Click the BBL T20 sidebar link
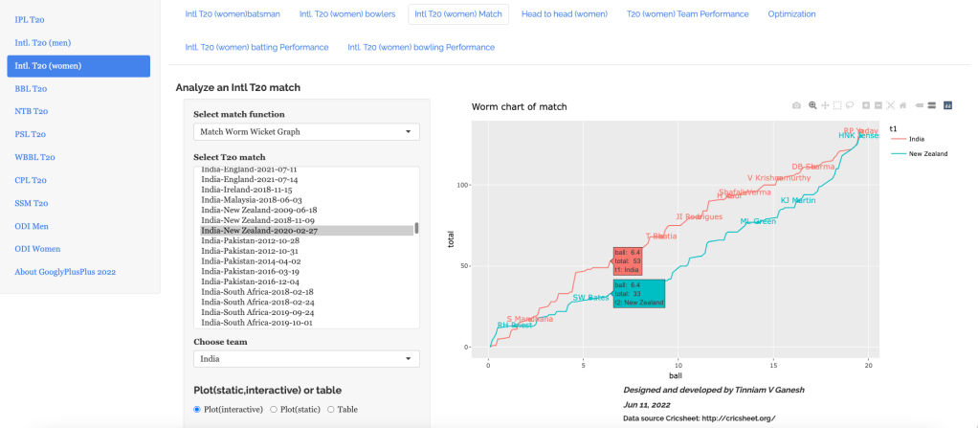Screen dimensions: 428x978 point(31,88)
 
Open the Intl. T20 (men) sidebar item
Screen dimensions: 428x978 point(42,43)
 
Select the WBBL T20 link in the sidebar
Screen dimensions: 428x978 point(34,157)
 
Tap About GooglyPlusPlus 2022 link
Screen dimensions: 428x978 point(65,272)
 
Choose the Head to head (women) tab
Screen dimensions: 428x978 point(564,14)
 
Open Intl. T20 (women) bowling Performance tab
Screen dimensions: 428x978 point(421,47)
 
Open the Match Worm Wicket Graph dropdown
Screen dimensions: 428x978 point(306,132)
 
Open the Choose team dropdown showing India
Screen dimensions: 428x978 point(306,359)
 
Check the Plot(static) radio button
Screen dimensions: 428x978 point(274,409)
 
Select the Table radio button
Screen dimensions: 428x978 point(331,409)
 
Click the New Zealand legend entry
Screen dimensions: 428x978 point(926,153)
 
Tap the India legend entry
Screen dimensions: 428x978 point(916,138)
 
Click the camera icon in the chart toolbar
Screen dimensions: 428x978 point(796,104)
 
